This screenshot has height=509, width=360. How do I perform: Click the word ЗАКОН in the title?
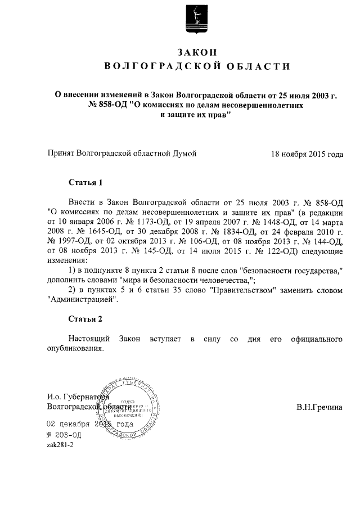pyautogui.click(x=196, y=52)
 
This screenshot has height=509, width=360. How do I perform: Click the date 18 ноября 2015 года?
pyautogui.click(x=307, y=153)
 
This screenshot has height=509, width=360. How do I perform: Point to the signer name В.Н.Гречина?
pyautogui.click(x=319, y=406)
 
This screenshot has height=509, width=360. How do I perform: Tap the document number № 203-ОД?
pyautogui.click(x=65, y=435)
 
